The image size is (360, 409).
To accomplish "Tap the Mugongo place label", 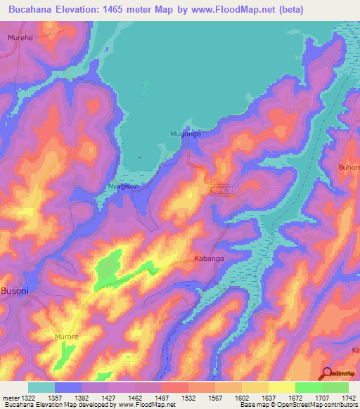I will [186, 134].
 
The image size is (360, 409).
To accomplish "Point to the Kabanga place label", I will [209, 259].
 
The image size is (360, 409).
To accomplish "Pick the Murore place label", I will [68, 337].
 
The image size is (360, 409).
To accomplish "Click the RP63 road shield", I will [220, 190].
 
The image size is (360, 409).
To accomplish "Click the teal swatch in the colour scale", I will [41, 387].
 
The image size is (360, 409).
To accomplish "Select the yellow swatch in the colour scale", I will [281, 387].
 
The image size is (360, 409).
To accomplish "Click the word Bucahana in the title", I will [32, 9].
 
